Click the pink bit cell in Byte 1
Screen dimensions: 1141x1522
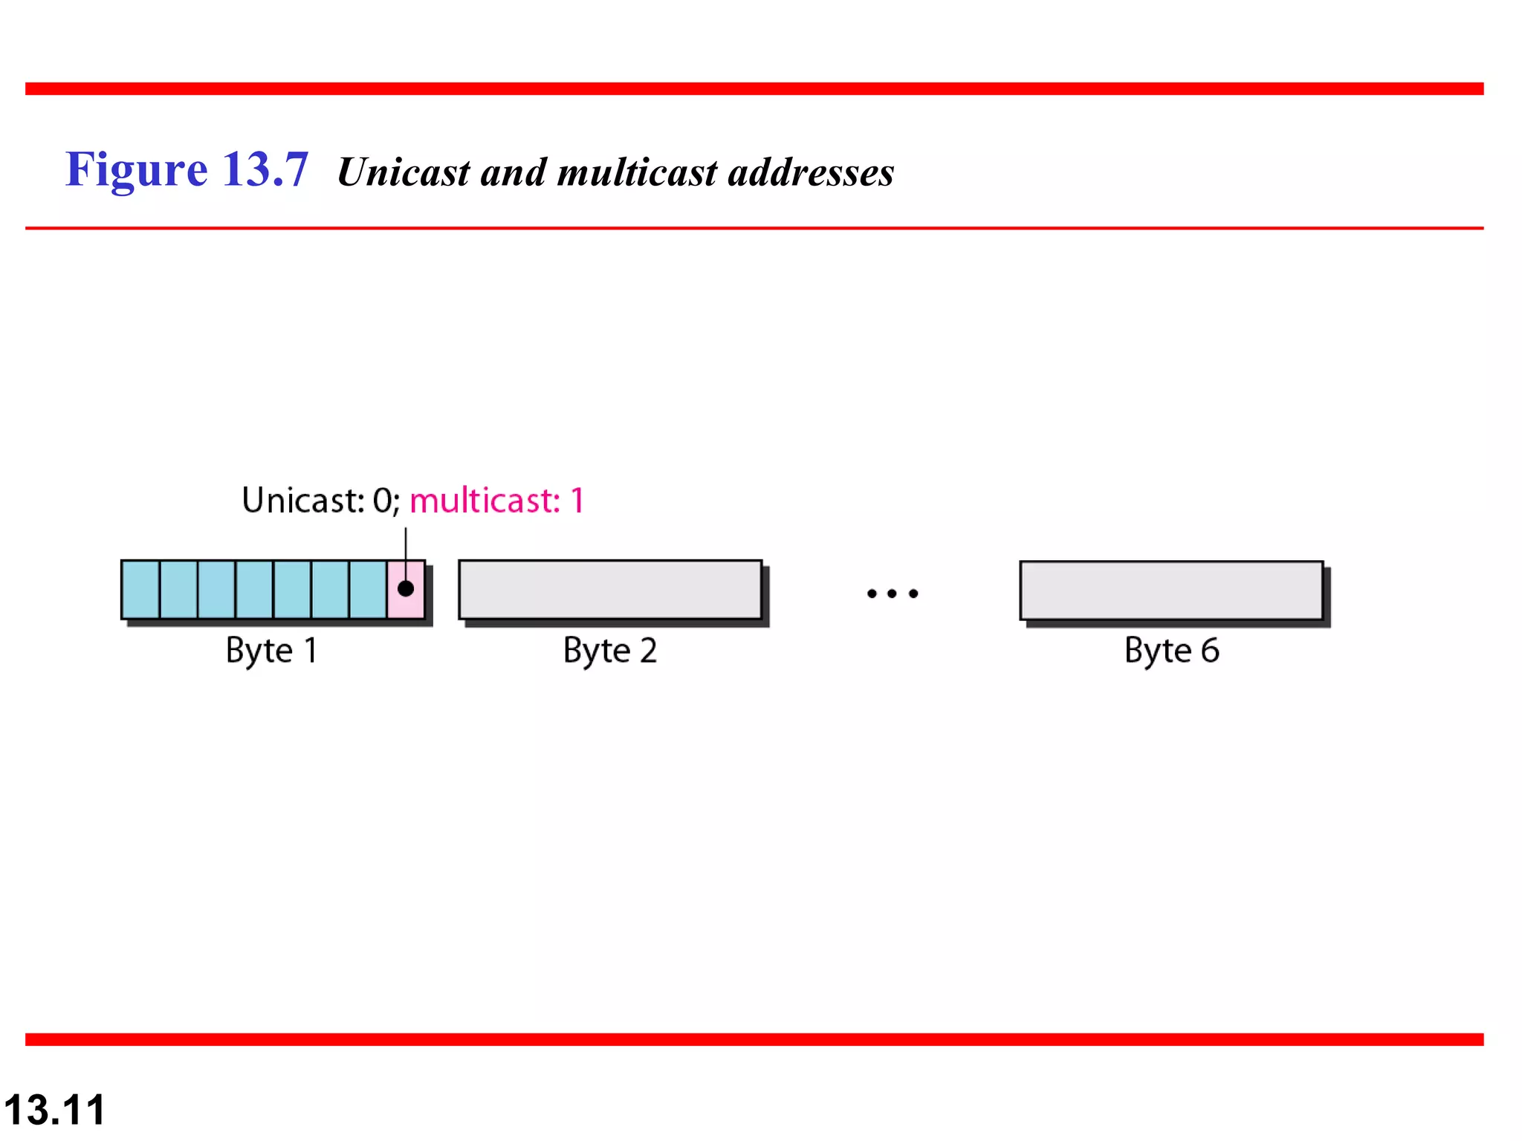pyautogui.click(x=406, y=603)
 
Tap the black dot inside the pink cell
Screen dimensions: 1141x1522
pyautogui.click(x=406, y=588)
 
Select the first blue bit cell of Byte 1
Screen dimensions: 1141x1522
pyautogui.click(x=141, y=590)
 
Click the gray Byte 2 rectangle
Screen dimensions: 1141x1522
pyautogui.click(x=610, y=590)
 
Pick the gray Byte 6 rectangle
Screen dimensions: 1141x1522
pyautogui.click(x=1171, y=591)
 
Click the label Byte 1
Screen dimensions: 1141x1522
pyautogui.click(x=272, y=651)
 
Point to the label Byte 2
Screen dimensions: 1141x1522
pyautogui.click(x=610, y=651)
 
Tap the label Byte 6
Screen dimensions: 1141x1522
pyautogui.click(x=1171, y=651)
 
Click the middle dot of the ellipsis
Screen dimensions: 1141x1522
pyautogui.click(x=893, y=594)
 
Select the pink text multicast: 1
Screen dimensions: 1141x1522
pyautogui.click(x=497, y=501)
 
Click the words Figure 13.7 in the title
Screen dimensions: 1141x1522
pyautogui.click(x=187, y=169)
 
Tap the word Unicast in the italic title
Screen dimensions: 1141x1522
pyautogui.click(x=404, y=172)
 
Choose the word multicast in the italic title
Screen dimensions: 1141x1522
pyautogui.click(x=637, y=172)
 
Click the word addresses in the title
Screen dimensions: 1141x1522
pyautogui.click(x=811, y=172)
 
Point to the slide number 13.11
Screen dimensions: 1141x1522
pyautogui.click(x=54, y=1110)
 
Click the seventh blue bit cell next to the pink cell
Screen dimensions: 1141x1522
pyautogui.click(x=368, y=590)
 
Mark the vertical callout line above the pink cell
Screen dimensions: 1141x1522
pyautogui.click(x=406, y=550)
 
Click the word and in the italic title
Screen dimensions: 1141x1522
pyautogui.click(x=514, y=172)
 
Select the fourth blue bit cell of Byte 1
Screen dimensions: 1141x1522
pyautogui.click(x=255, y=590)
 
